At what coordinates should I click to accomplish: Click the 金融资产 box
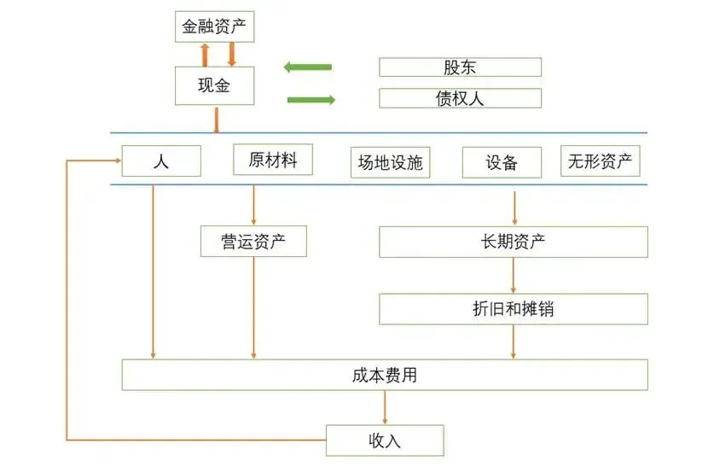(x=214, y=27)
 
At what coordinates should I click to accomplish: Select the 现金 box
(x=214, y=85)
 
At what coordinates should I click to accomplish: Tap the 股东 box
(x=460, y=67)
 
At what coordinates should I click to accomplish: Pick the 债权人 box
(x=460, y=98)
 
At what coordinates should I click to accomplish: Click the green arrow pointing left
(x=307, y=67)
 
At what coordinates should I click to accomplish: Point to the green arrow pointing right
(x=310, y=100)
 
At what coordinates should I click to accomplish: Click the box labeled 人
(x=161, y=161)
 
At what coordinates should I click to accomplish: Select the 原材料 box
(x=272, y=160)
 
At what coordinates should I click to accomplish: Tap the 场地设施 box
(x=390, y=162)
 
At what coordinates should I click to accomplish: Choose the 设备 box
(x=502, y=162)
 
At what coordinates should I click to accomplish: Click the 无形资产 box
(x=601, y=161)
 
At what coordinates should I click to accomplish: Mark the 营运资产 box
(x=253, y=242)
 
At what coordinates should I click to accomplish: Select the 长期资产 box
(x=513, y=242)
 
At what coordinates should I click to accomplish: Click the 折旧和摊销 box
(x=513, y=308)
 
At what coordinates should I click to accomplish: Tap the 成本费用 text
(x=384, y=375)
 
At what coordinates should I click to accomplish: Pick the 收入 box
(x=385, y=441)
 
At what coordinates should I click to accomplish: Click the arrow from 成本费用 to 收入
(x=385, y=407)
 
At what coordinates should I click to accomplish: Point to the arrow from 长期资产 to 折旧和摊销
(x=514, y=275)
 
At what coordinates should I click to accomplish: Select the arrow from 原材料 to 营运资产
(x=253, y=206)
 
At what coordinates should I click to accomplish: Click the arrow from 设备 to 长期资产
(x=514, y=207)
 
